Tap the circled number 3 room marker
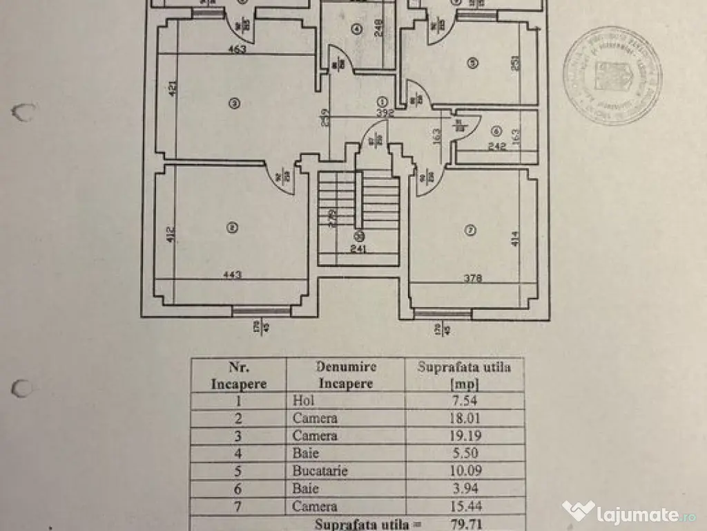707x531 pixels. click(x=235, y=104)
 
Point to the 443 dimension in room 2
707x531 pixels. click(x=232, y=275)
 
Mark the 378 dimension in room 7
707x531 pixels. click(x=472, y=279)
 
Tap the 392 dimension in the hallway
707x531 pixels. click(x=384, y=115)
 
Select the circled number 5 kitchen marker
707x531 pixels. click(x=472, y=63)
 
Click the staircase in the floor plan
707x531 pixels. click(x=358, y=207)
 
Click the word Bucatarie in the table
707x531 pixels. click(x=320, y=472)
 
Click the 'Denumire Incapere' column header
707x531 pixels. click(x=345, y=374)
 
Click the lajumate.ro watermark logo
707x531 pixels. click(x=628, y=513)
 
